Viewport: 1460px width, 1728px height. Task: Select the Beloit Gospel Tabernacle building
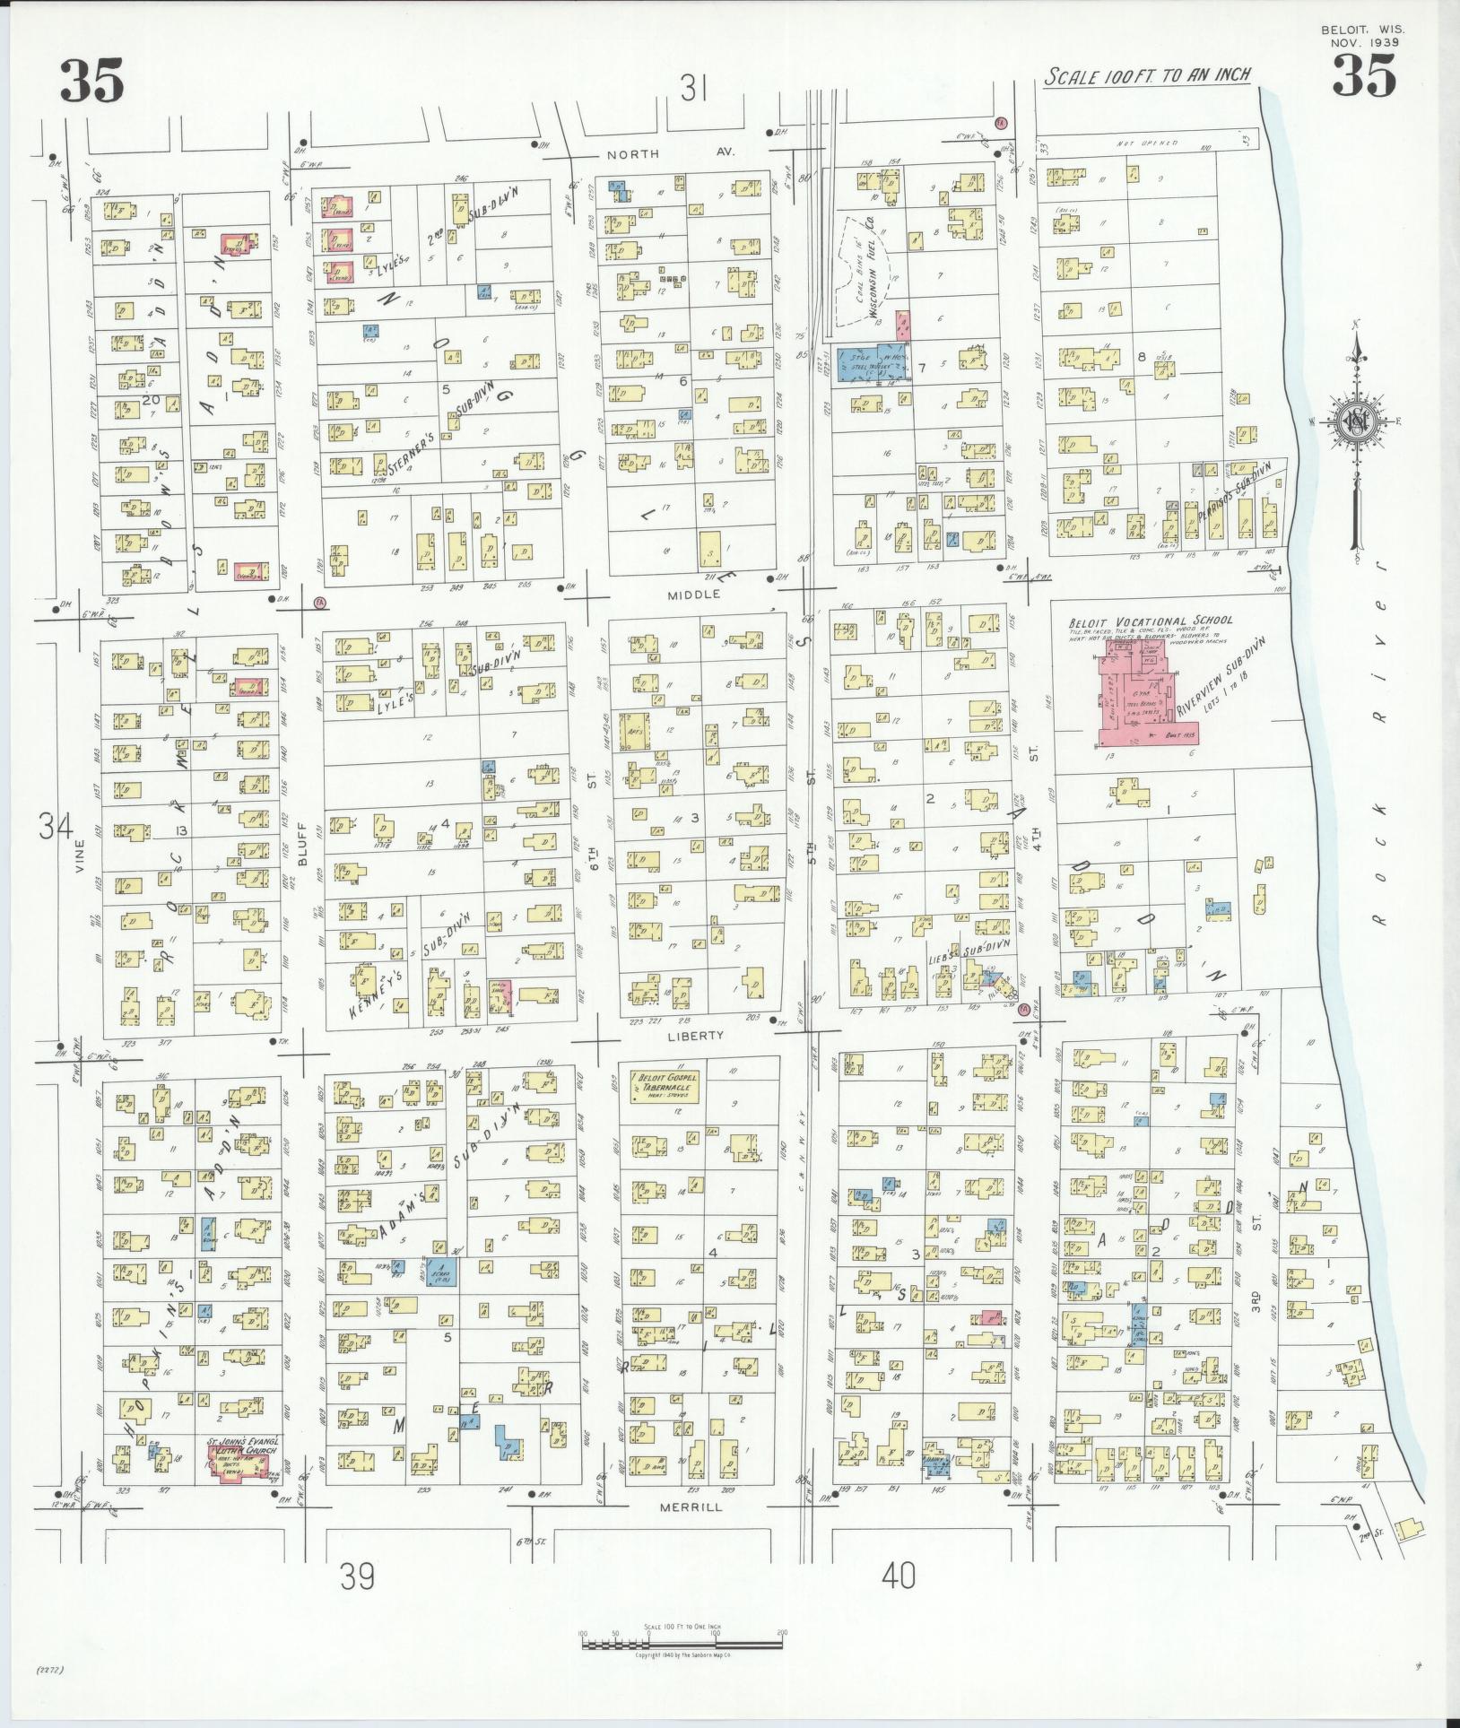pyautogui.click(x=665, y=1086)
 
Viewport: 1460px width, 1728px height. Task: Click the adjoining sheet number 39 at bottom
pyautogui.click(x=357, y=1576)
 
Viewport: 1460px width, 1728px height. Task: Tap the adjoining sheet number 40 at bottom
pyautogui.click(x=899, y=1575)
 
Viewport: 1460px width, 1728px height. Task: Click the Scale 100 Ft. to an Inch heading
pyautogui.click(x=1148, y=76)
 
